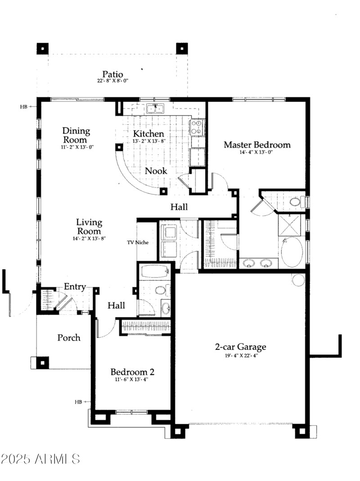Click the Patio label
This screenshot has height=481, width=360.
pyautogui.click(x=112, y=74)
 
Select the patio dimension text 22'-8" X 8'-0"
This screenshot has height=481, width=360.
pyautogui.click(x=112, y=81)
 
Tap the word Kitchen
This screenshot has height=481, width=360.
pyautogui.click(x=148, y=134)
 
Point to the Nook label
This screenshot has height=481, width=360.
pyautogui.click(x=156, y=171)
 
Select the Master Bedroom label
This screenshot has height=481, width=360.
pyautogui.click(x=257, y=145)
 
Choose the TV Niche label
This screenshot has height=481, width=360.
pyautogui.click(x=137, y=242)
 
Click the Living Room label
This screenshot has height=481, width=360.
pyautogui.click(x=89, y=227)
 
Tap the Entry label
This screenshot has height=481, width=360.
pyautogui.click(x=75, y=286)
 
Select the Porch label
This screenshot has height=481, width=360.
pyautogui.click(x=69, y=337)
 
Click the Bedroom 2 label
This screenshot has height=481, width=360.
pyautogui.click(x=132, y=372)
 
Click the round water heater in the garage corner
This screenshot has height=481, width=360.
pyautogui.click(x=298, y=280)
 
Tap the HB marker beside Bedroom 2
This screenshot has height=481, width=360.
pyautogui.click(x=79, y=401)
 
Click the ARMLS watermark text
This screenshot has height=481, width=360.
pyautogui.click(x=40, y=459)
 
